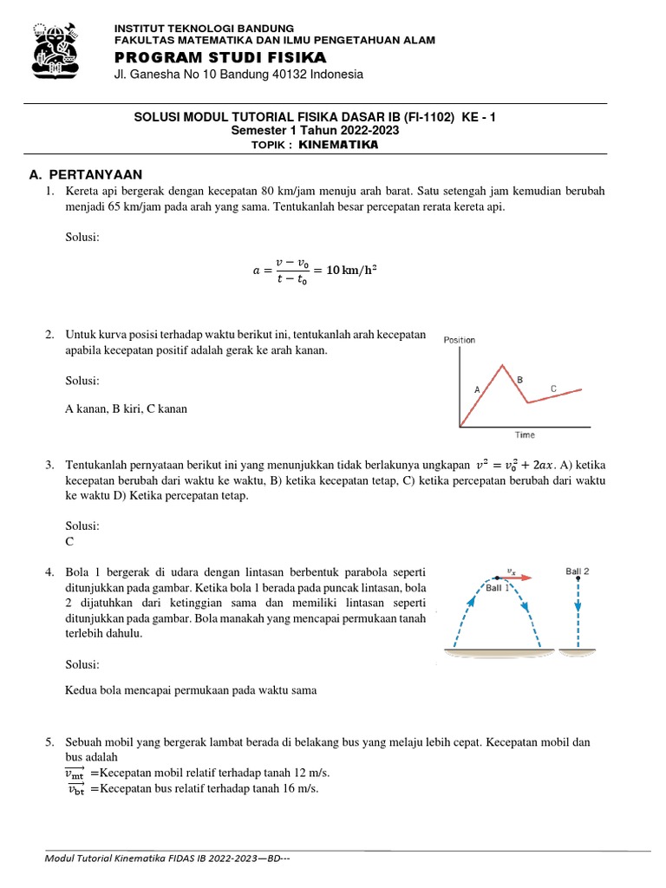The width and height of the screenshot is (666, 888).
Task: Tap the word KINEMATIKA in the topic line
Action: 338,145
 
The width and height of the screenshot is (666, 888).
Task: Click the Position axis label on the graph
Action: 460,340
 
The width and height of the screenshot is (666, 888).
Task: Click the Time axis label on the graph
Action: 525,435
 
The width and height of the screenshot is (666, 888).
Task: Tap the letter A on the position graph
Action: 477,390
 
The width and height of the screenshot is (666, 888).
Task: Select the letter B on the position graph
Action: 520,380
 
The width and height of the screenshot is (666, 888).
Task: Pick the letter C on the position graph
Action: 553,388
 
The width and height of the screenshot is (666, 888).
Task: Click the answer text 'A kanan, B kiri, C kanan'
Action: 126,408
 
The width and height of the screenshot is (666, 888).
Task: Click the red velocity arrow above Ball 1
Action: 516,577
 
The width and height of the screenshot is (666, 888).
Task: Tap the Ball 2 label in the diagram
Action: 578,571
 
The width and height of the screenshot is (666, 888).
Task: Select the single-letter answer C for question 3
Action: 70,540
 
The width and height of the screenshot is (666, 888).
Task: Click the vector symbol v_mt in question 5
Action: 75,773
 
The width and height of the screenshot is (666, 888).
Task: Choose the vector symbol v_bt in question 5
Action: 76,788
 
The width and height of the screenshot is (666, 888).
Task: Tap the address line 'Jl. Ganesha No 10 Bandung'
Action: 238,75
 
